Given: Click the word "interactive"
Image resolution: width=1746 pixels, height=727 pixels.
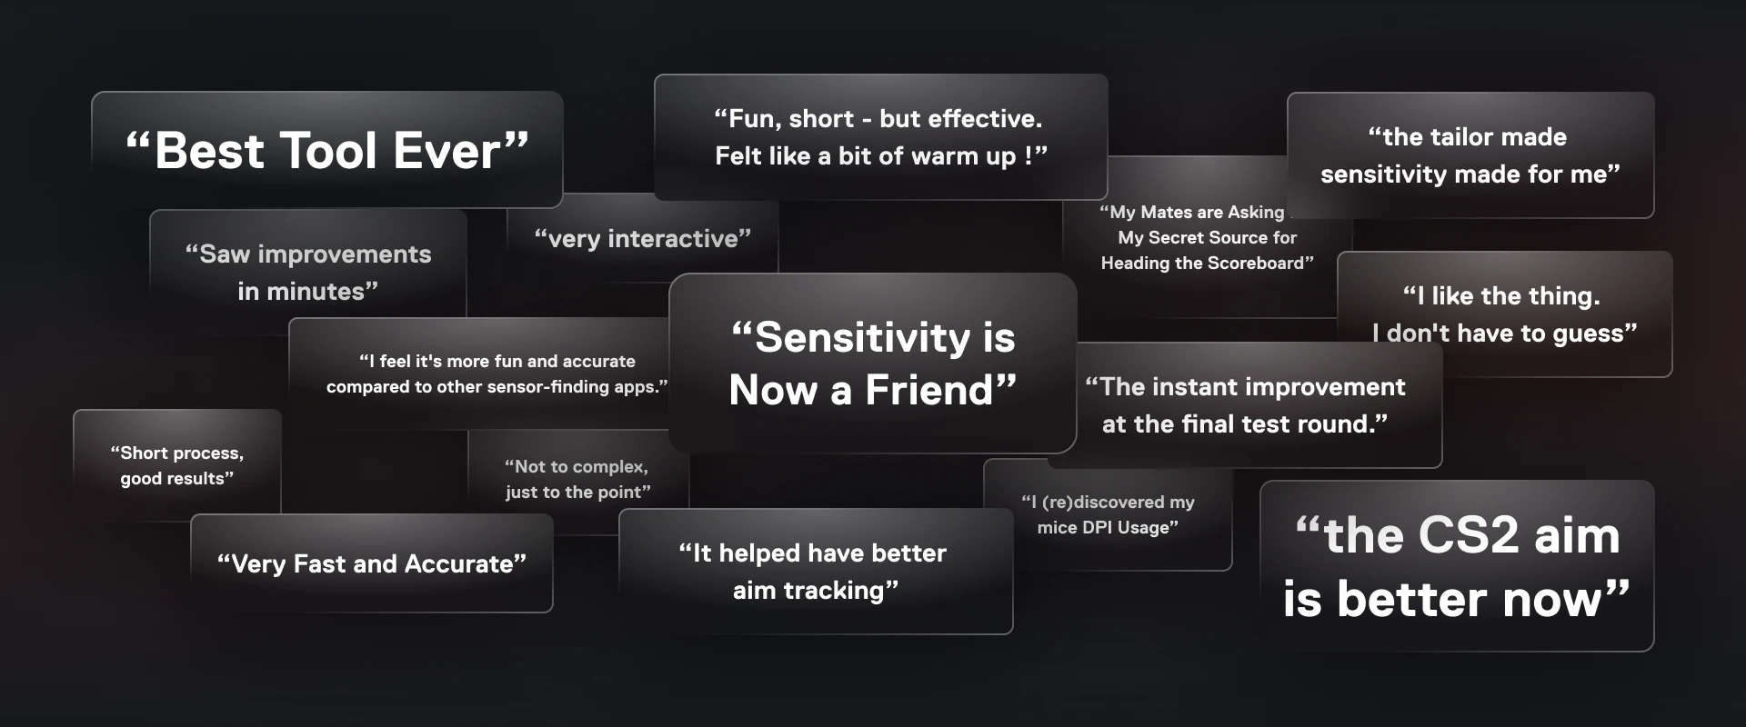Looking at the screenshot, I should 672,239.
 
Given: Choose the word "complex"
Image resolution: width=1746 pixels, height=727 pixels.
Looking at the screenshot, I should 609,467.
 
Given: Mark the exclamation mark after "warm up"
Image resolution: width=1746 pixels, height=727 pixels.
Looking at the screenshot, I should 1029,156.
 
